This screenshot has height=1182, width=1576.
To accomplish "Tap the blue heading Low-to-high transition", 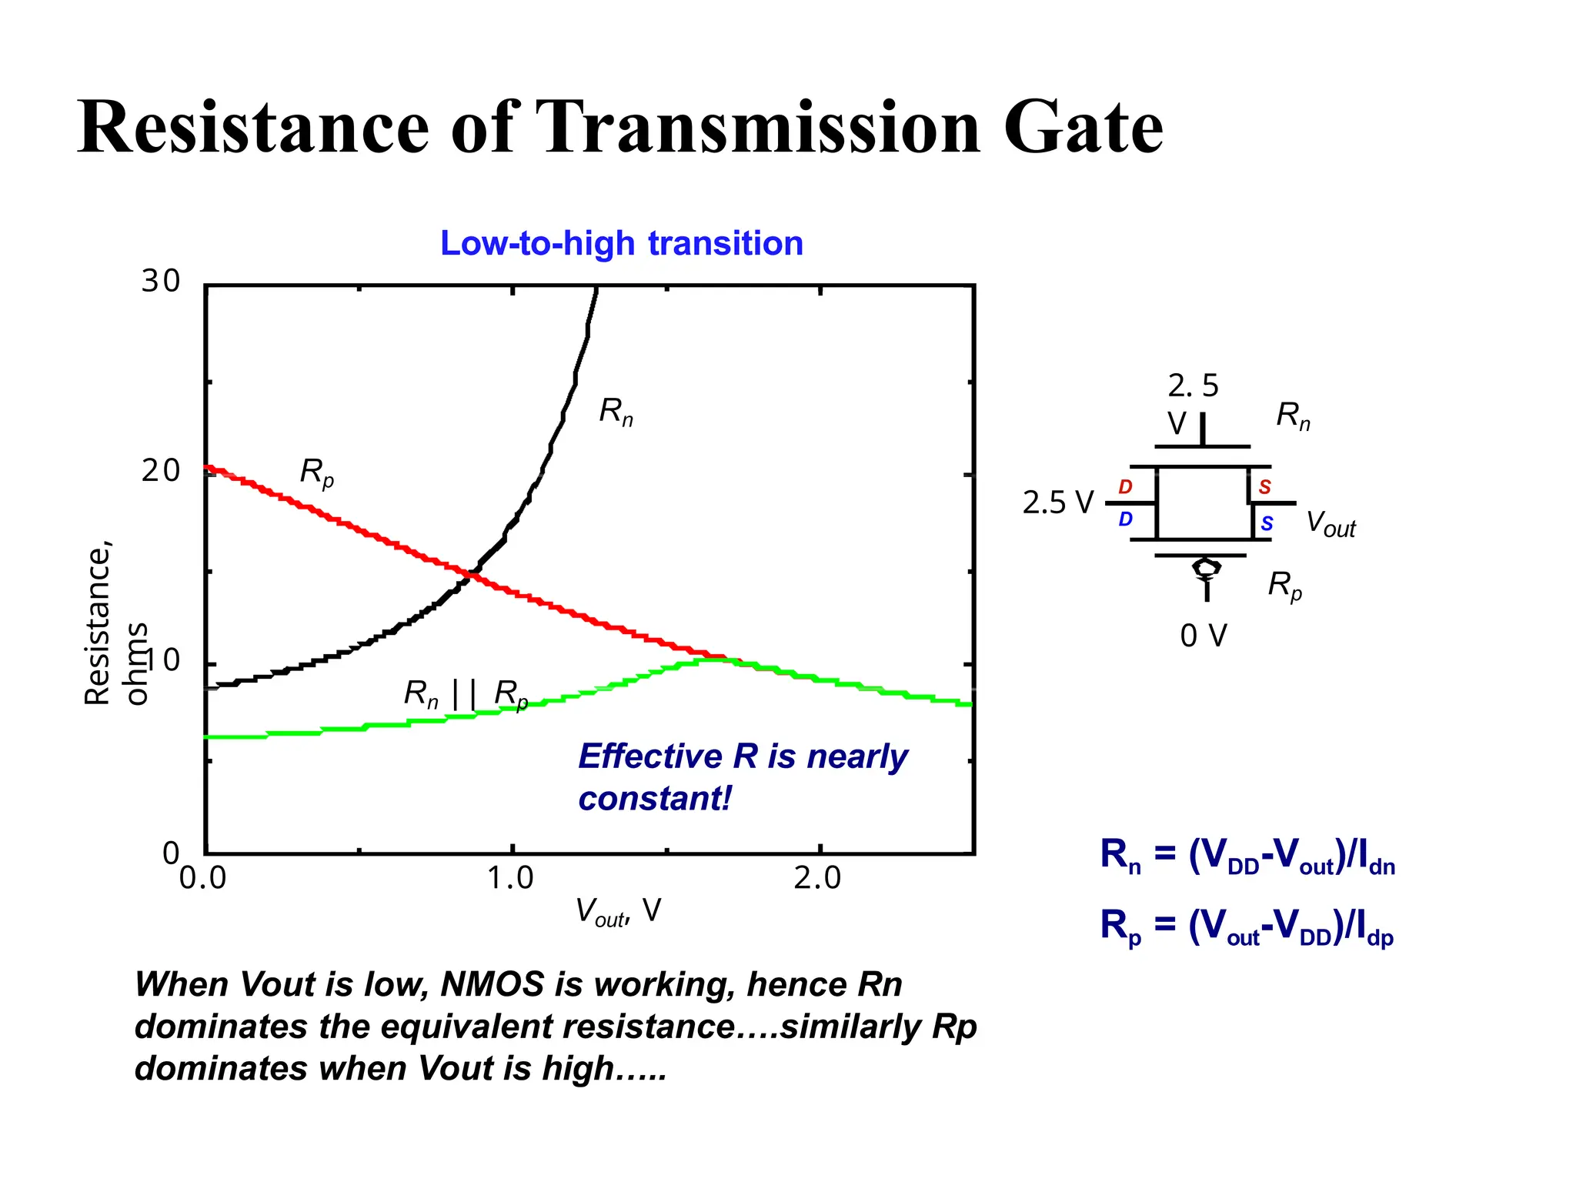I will pyautogui.click(x=622, y=243).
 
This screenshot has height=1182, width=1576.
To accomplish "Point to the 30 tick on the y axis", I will pyautogui.click(x=160, y=281).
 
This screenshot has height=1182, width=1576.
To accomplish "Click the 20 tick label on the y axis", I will pyautogui.click(x=160, y=470).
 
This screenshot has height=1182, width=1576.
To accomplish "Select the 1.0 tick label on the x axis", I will pyautogui.click(x=510, y=878).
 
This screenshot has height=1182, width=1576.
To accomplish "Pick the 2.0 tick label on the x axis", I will pyautogui.click(x=817, y=878).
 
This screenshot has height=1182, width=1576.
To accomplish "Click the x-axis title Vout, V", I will pyautogui.click(x=618, y=912).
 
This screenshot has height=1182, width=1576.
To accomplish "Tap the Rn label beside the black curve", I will pyautogui.click(x=616, y=412).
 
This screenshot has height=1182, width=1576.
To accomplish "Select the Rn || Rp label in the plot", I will pyautogui.click(x=466, y=694).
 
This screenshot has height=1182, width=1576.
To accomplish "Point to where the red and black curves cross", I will pyautogui.click(x=471, y=574).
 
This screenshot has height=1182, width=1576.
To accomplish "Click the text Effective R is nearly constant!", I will pyautogui.click(x=742, y=776).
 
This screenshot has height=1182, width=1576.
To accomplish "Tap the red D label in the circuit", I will pyautogui.click(x=1125, y=487).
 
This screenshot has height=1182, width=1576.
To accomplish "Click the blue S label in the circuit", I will pyautogui.click(x=1267, y=524).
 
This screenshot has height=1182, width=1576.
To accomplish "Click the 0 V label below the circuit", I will pyautogui.click(x=1204, y=636).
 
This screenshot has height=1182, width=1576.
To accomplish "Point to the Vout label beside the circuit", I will pyautogui.click(x=1331, y=524).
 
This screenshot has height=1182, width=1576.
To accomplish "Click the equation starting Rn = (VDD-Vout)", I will pyautogui.click(x=1247, y=856).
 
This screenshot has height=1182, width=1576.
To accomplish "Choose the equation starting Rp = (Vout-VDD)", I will pyautogui.click(x=1247, y=927).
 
